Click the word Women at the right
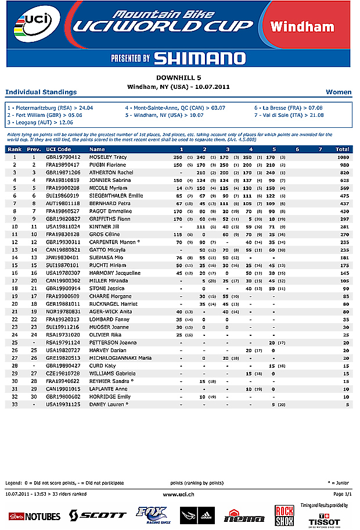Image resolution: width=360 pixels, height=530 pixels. (x=339, y=92)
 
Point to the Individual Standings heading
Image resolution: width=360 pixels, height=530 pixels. (x=41, y=92)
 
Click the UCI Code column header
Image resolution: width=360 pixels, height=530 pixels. (x=58, y=149)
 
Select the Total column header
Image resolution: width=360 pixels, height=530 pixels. (x=342, y=149)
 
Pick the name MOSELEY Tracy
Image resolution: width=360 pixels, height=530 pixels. (x=108, y=157)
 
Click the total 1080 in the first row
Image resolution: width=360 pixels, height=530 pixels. (x=343, y=157)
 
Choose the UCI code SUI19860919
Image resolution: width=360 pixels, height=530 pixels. (x=63, y=195)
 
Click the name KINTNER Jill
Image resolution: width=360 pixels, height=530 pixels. (x=105, y=225)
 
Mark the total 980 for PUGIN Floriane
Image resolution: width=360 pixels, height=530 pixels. (x=344, y=164)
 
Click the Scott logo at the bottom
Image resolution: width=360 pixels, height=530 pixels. (x=98, y=515)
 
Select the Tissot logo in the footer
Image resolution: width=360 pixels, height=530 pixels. (x=324, y=521)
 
